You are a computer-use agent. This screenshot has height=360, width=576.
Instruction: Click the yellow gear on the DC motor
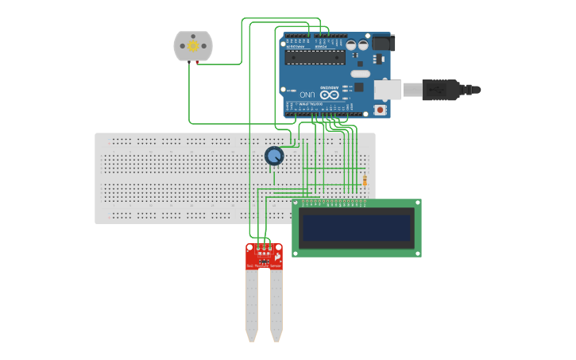click(193, 46)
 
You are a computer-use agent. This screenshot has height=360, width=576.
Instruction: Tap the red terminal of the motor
click(197, 62)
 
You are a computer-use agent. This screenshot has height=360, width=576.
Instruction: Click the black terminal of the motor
click(189, 62)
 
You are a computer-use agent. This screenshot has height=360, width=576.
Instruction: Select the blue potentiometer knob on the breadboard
click(274, 156)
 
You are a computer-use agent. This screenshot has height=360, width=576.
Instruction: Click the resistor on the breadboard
click(365, 181)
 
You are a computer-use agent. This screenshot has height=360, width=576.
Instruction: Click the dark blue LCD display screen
click(357, 228)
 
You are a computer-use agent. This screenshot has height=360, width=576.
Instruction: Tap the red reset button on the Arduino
click(381, 110)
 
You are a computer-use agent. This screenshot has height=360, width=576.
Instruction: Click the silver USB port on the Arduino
click(388, 89)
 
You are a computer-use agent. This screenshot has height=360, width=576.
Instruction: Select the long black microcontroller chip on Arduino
click(315, 57)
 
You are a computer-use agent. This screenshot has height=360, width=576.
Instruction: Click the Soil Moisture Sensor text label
click(264, 265)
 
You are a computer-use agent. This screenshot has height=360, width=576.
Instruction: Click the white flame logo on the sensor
click(276, 257)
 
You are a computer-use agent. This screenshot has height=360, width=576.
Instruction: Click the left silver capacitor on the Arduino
click(351, 45)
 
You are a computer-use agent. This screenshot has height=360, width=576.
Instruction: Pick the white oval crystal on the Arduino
click(361, 74)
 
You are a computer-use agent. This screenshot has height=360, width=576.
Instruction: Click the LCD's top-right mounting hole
click(416, 203)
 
